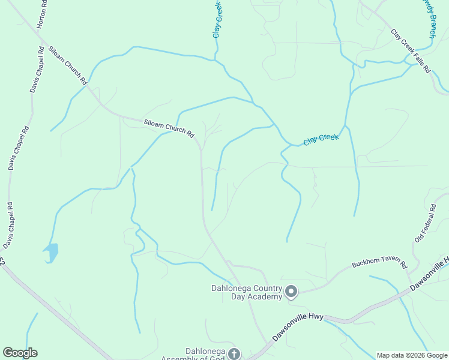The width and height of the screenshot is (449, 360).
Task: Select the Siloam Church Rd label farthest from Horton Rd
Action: (169, 128)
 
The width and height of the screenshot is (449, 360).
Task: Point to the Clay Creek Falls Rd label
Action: (411, 51)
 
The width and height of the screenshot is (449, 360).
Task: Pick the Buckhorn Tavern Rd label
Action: (379, 264)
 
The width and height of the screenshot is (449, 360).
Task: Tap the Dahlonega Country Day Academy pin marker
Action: (291, 292)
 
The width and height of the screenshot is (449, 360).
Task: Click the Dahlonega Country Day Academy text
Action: (246, 292)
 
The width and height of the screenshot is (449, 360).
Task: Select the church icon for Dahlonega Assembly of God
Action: (234, 354)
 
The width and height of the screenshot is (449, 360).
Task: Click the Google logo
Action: (20, 353)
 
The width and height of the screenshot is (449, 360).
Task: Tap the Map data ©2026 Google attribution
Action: (412, 355)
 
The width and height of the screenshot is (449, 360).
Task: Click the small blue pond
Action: (52, 251)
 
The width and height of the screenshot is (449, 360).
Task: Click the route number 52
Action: (2, 262)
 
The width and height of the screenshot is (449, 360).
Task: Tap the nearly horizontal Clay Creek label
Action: (321, 139)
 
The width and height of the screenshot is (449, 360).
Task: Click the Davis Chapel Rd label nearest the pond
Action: (8, 225)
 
